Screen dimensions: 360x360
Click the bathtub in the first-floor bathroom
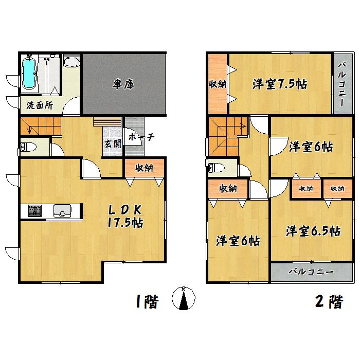pyautogui.click(x=30, y=74)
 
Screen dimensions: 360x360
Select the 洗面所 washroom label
pyautogui.click(x=40, y=106)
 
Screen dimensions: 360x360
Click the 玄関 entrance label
pyautogui.click(x=113, y=144)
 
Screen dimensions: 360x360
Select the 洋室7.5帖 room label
pyautogui.click(x=279, y=84)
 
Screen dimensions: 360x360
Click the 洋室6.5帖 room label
pyautogui.click(x=313, y=231)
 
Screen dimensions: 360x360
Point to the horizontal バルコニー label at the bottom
pyautogui.click(x=311, y=271)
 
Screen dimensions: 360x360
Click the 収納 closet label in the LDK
pyautogui.click(x=145, y=168)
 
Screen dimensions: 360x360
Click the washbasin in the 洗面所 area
pyautogui.click(x=70, y=63)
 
